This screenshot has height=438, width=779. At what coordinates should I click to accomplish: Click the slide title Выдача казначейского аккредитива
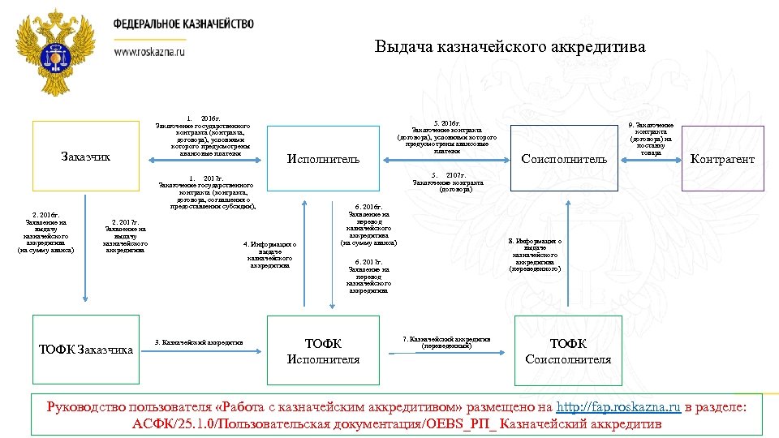coord(510,47)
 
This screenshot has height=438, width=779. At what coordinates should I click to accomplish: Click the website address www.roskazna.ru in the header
coord(149,50)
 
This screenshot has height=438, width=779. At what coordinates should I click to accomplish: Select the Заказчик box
coord(85,156)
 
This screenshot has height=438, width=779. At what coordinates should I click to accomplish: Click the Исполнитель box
coord(323,159)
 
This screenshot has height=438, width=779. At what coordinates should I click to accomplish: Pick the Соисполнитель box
coord(563,159)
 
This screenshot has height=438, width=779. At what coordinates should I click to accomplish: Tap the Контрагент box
coord(721,159)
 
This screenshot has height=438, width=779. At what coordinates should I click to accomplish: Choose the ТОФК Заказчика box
coord(85,350)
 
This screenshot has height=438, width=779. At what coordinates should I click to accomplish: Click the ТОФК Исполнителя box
coord(323,351)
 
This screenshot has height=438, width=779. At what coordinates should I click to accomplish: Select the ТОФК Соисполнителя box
coord(568,351)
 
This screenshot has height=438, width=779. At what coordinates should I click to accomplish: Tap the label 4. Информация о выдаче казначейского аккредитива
coord(270,254)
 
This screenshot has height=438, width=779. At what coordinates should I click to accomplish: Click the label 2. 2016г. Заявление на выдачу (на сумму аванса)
coord(45,234)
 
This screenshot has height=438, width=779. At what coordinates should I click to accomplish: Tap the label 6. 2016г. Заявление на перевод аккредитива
coord(369,225)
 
